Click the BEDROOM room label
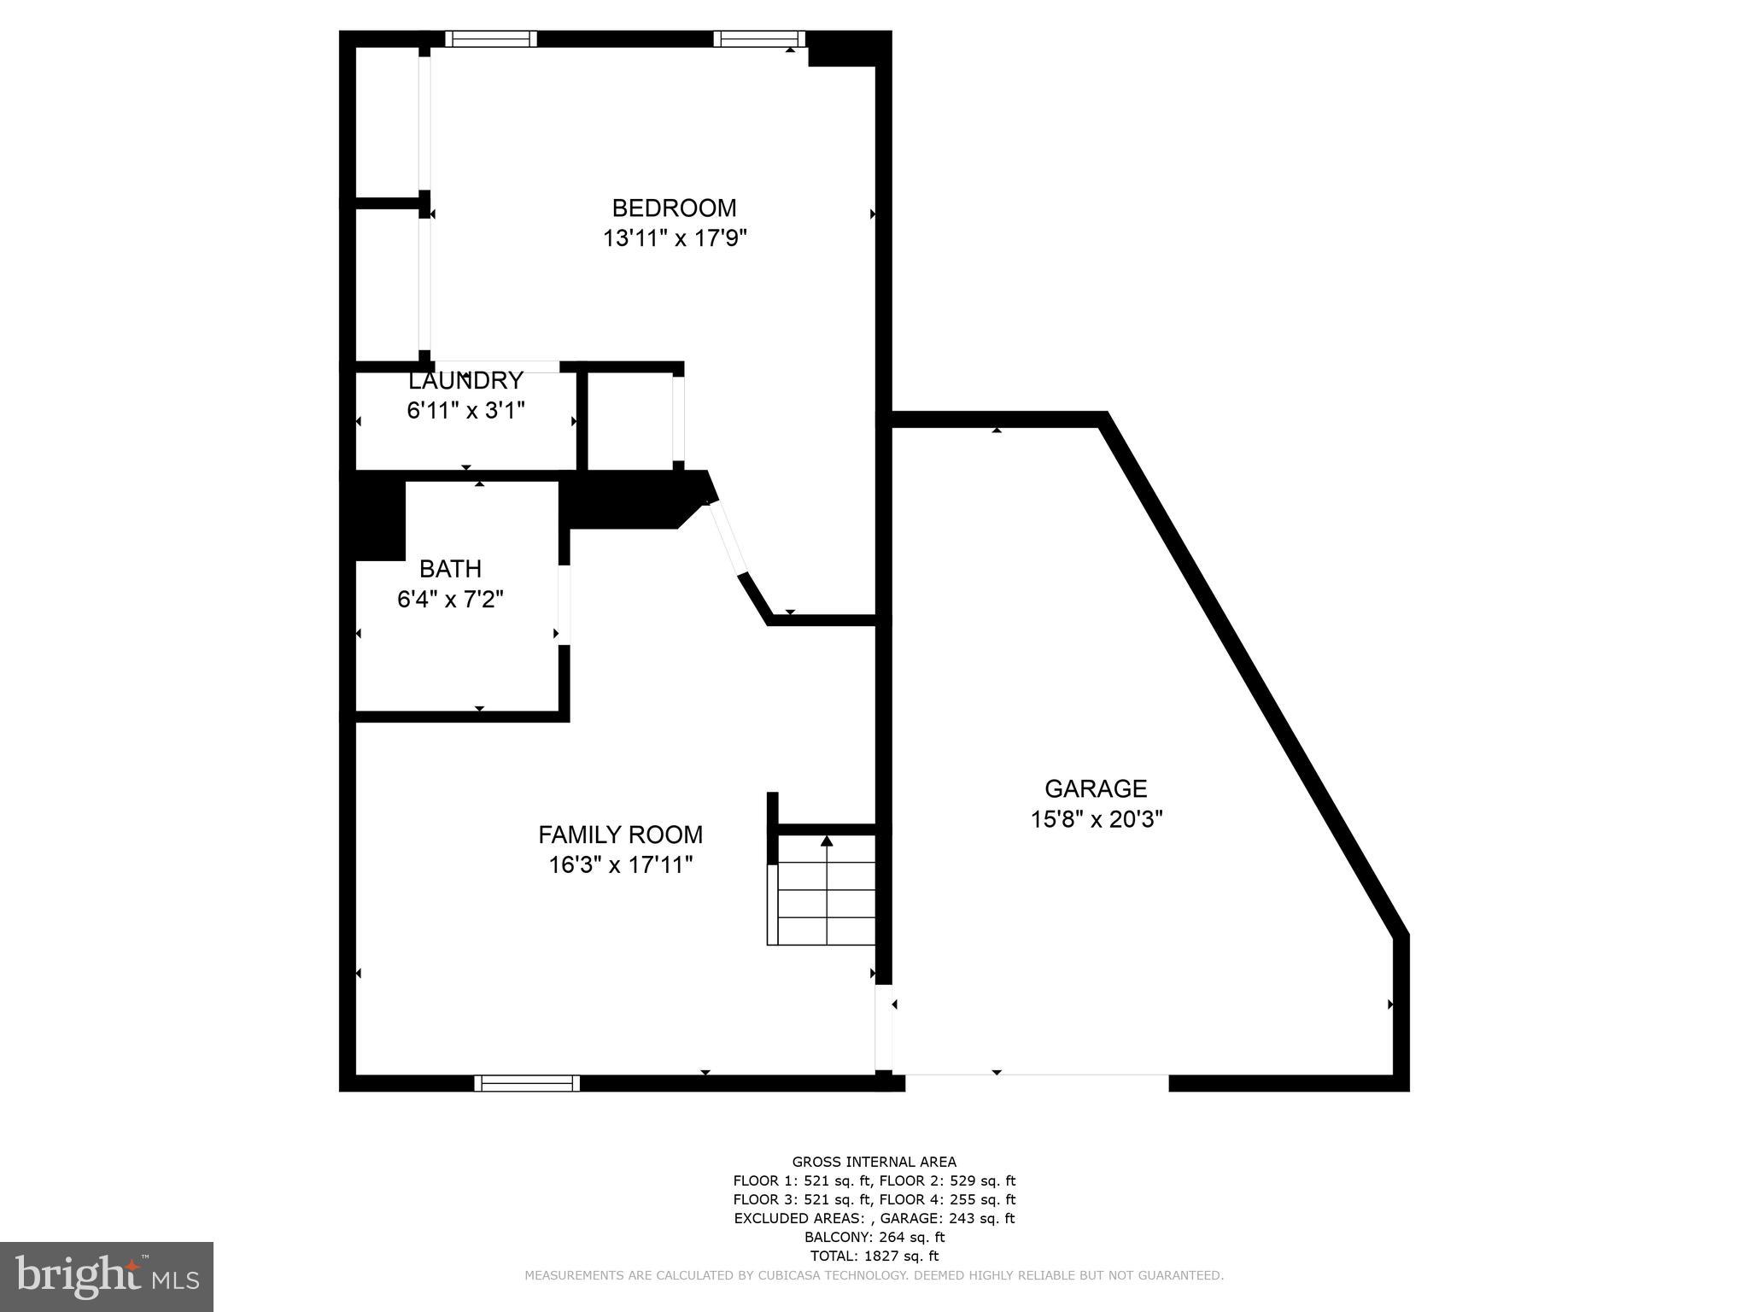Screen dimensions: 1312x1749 (x=674, y=208)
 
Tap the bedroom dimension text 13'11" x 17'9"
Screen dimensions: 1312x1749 (x=675, y=238)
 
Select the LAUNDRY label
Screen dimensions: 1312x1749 (x=465, y=381)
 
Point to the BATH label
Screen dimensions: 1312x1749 (x=450, y=569)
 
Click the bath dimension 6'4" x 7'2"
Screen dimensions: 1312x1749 (x=450, y=600)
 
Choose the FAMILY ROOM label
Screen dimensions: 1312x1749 (x=620, y=835)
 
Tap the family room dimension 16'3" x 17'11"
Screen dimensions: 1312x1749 (x=620, y=865)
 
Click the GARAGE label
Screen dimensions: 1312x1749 (x=1096, y=788)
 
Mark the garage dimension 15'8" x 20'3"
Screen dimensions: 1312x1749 (x=1097, y=819)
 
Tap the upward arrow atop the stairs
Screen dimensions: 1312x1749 (x=827, y=841)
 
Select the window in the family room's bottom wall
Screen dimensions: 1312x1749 (x=527, y=1083)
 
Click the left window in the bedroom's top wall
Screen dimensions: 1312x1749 (x=491, y=38)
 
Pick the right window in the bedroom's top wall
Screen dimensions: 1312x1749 (x=759, y=38)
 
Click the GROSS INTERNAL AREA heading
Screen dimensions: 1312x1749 (x=874, y=1162)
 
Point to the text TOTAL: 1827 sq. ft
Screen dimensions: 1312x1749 (x=874, y=1256)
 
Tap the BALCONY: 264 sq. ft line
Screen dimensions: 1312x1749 (x=874, y=1237)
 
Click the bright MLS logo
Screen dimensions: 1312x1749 (x=107, y=1277)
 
